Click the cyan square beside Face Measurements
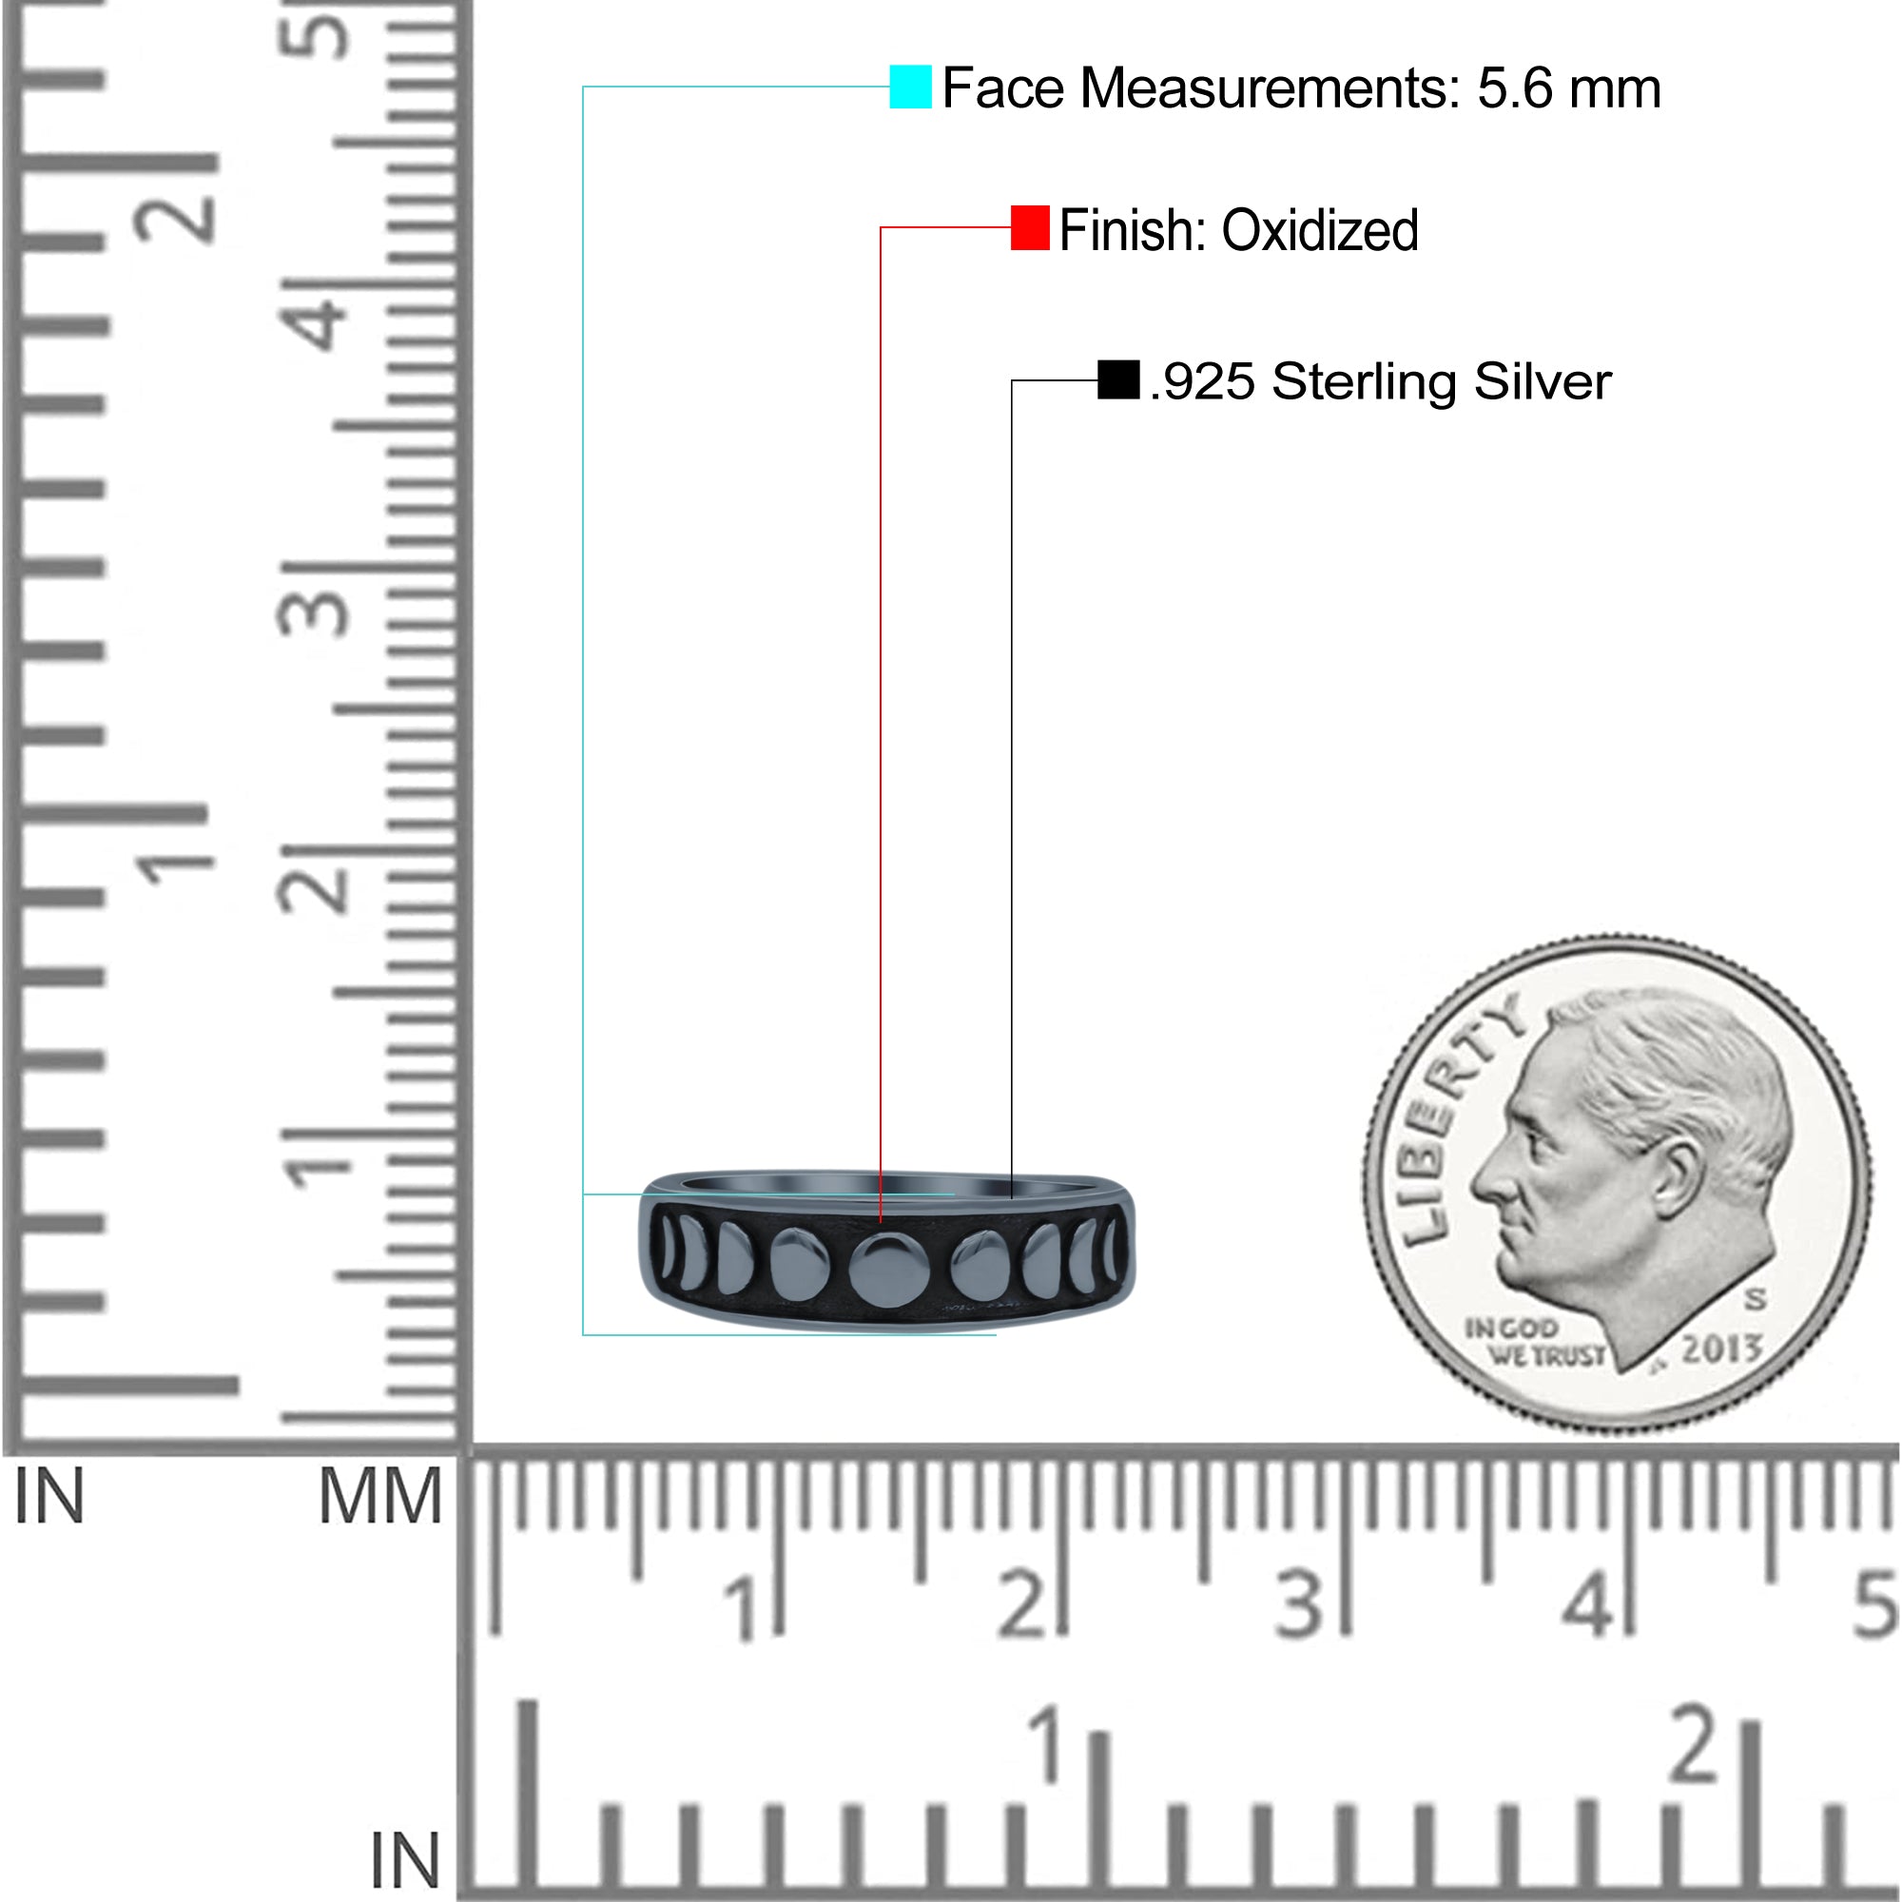click(911, 87)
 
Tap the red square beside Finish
click(1030, 227)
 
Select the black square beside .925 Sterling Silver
click(1118, 380)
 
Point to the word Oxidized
click(1320, 230)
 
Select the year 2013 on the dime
click(1721, 1347)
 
